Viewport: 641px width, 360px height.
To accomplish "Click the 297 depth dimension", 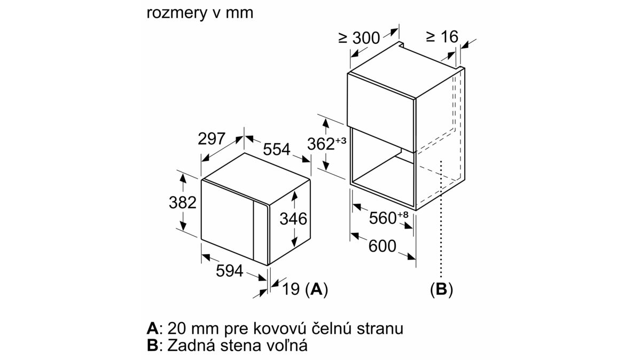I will click(212, 139).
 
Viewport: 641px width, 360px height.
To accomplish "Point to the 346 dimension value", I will click(293, 219).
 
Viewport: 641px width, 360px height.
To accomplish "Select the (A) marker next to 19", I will click(316, 289).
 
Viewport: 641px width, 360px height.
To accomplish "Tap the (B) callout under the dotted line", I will click(441, 289).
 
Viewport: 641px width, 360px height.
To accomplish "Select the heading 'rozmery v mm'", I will click(200, 13).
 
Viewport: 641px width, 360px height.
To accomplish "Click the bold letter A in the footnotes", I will click(152, 327).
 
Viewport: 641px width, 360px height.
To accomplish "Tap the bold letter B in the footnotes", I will click(152, 345).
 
